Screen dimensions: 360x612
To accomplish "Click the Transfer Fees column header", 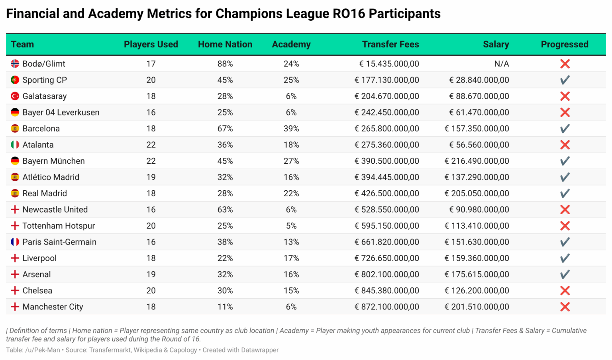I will pos(390,44).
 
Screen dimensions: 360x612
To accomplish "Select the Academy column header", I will pos(291,44).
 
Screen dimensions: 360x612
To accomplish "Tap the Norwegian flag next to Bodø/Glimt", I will pos(15,64).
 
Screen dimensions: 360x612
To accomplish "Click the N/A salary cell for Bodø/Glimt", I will pos(501,64).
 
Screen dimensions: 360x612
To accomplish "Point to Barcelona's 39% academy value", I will pos(291,129).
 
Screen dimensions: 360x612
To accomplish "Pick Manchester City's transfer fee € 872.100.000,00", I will pos(386,307).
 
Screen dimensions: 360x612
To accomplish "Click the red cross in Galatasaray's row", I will pos(565,96).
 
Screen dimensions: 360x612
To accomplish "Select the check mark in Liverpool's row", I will pos(565,258).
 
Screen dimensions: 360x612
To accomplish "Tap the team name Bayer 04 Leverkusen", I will pos(61,112).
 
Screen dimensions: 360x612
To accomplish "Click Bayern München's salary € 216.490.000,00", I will pos(477,161).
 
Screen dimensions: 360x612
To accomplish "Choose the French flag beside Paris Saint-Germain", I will pos(15,242).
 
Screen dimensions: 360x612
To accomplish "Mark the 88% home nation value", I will pos(225,64).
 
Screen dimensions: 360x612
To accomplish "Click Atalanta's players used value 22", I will pos(151,145).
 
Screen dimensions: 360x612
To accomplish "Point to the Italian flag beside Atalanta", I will pos(15,145).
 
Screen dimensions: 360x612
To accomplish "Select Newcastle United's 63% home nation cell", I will pos(225,209).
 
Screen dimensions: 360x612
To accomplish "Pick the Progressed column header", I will pos(564,44).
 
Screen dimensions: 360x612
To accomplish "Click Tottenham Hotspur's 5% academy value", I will pos(291,226).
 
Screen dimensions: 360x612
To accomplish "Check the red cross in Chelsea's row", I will pos(565,290).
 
